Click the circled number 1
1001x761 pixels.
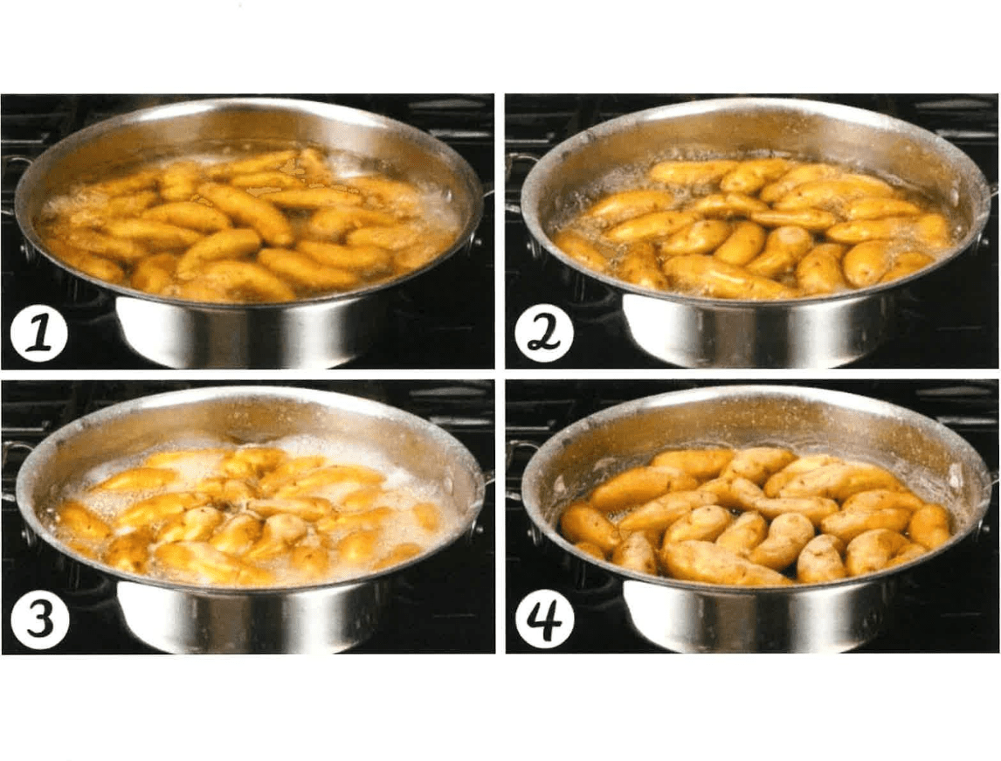(39, 333)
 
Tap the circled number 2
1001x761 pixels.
(544, 333)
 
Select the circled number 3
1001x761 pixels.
(39, 619)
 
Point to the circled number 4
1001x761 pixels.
(544, 619)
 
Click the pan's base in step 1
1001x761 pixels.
(243, 332)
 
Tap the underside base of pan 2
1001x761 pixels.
(750, 331)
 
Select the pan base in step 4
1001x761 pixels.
(750, 617)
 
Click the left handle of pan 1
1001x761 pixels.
(13, 182)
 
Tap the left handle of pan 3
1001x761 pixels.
(13, 469)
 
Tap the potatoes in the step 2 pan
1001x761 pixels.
(753, 226)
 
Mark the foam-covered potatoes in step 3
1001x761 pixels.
(249, 514)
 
